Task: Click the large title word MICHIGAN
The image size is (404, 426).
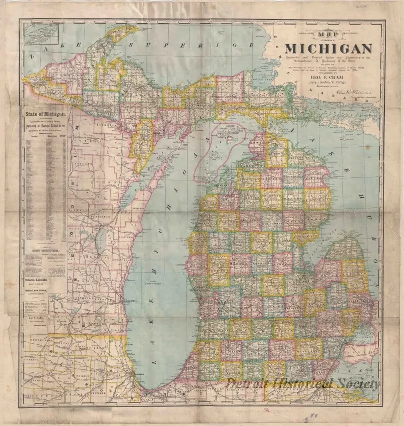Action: click(328, 49)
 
